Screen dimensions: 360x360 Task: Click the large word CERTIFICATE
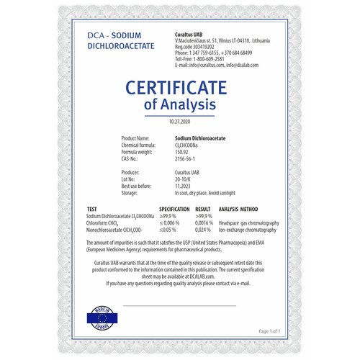pos(180,87)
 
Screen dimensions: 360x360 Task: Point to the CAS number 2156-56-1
pos(187,158)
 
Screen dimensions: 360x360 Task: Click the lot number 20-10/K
pos(185,180)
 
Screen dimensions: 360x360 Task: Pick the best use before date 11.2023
pos(184,186)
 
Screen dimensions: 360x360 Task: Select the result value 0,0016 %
pos(203,222)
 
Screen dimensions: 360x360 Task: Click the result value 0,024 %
pos(202,230)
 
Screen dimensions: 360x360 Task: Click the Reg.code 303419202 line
pos(204,47)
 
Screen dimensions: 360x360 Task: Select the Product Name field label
pos(135,138)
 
